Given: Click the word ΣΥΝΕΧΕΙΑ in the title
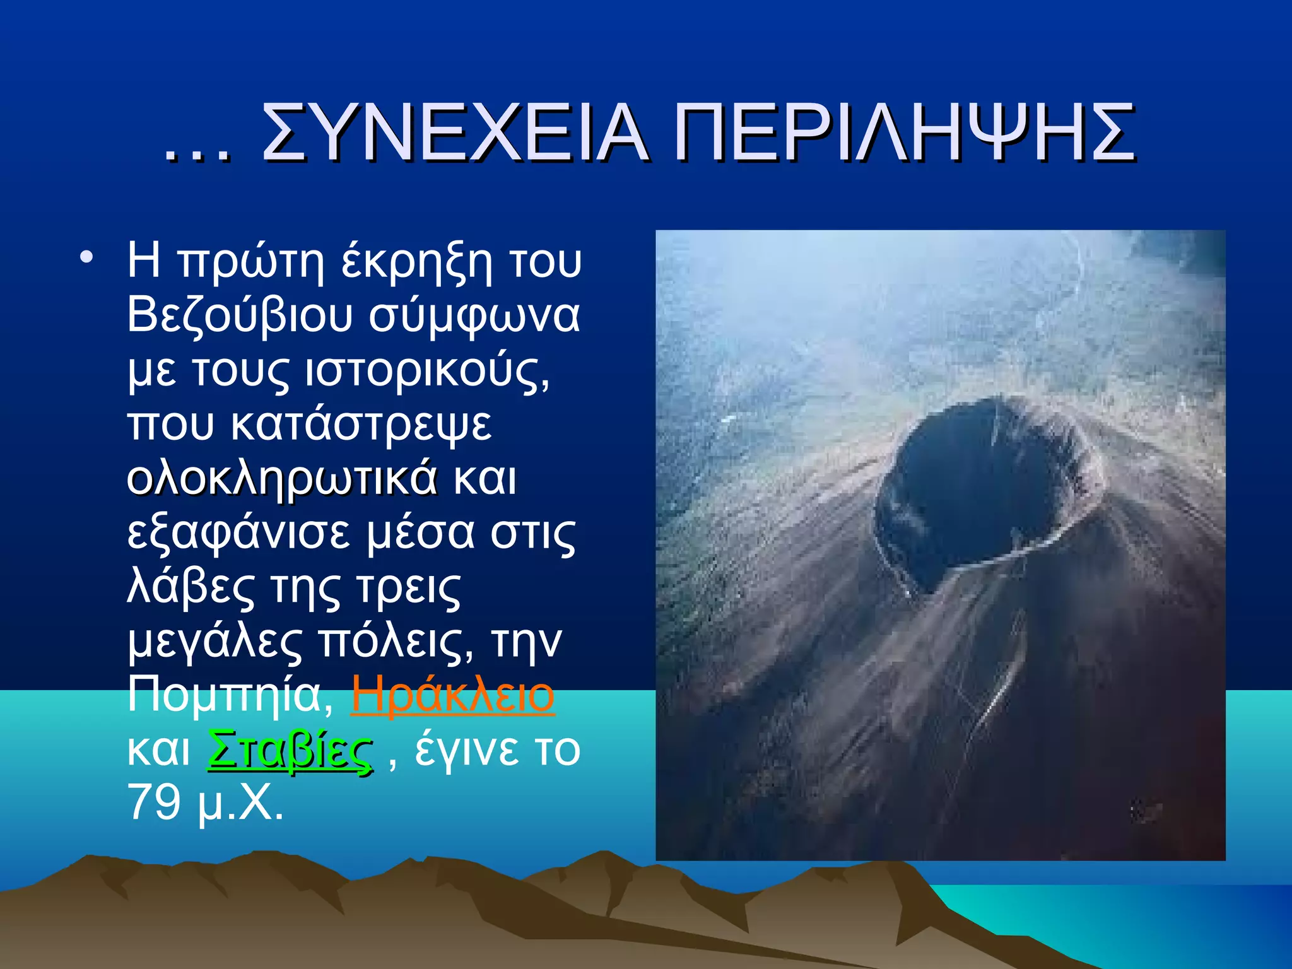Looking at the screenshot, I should [454, 134].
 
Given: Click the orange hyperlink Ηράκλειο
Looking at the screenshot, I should [452, 694].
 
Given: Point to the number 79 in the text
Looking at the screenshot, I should [154, 802].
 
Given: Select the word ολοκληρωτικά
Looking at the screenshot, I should [282, 478].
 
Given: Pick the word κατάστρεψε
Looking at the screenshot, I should [361, 424].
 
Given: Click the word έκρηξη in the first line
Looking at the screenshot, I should [416, 261].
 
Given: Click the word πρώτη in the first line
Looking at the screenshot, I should [250, 261].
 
